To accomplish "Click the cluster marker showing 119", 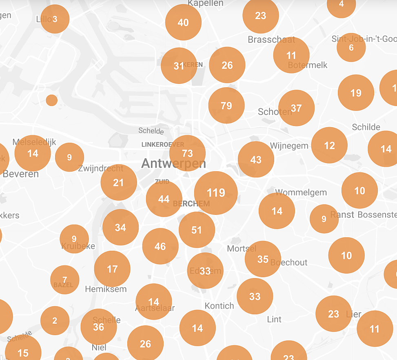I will pos(216,193).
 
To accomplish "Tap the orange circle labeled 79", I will pos(226,106).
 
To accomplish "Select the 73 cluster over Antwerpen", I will pos(187,153).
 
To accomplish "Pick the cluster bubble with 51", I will pos(197,230).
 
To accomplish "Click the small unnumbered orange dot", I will pos(52,100).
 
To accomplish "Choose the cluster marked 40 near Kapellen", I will pos(183,22).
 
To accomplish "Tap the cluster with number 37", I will pos(296,108).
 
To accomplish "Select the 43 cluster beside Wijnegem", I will pos(256,159).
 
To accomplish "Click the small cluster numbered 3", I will pos(55,19).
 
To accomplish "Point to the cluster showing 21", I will pos(118,183).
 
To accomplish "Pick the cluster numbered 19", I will pos(356,93).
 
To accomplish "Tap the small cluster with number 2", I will pos(55,321).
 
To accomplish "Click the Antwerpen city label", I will pos(173,164).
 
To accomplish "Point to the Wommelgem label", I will pos(301,192).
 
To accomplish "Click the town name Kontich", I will pos(220,306).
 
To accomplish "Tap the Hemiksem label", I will pos(106,289).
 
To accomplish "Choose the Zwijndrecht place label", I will pos(100,168).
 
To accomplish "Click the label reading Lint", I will pos(274,319).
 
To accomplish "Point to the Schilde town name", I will pos(366,127).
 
